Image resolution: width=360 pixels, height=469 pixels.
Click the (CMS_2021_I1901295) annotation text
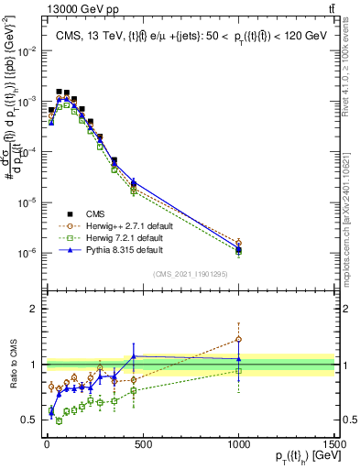pyautogui.click(x=189, y=274)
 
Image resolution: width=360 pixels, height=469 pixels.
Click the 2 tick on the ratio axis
pyautogui.click(x=33, y=309)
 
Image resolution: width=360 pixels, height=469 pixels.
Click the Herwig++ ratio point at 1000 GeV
pyautogui.click(x=238, y=339)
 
